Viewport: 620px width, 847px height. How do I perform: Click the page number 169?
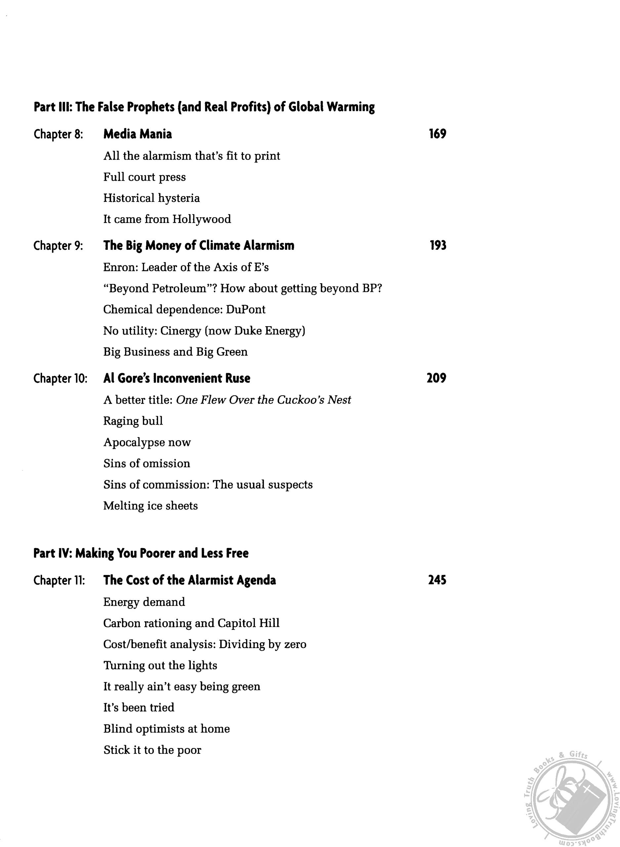[437, 134]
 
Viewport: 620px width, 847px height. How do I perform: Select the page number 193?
[437, 245]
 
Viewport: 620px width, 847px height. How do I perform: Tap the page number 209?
[436, 378]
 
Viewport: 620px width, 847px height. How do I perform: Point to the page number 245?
[437, 580]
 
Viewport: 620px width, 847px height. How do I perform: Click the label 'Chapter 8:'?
[58, 134]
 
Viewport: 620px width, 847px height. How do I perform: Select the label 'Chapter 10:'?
[61, 379]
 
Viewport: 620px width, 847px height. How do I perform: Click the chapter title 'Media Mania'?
[137, 134]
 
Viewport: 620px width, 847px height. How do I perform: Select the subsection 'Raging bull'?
[133, 421]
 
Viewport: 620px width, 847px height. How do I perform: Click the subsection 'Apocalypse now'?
[147, 442]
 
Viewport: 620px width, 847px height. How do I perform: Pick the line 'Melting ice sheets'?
[150, 506]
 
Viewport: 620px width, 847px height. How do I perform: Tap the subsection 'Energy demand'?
[144, 602]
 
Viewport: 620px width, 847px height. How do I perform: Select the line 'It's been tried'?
[139, 707]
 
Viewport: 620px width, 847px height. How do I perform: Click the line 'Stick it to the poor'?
[152, 750]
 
